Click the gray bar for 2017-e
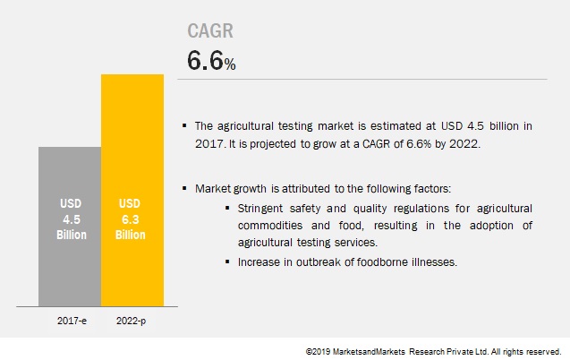pos(70,227)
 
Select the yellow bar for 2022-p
pos(132,190)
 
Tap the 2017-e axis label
pos(72,321)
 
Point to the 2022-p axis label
pos(131,321)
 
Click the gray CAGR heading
pos(210,31)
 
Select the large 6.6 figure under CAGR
pos(205,60)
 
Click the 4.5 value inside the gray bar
pos(72,219)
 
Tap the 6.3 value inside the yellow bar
pos(130,219)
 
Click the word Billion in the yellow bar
pos(130,235)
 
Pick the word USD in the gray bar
pos(71,203)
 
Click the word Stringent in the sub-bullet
pos(259,209)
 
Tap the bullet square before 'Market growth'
pos(184,188)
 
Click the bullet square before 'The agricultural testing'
pos(184,125)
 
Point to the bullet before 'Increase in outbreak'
pos(227,261)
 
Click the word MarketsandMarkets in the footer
pos(369,352)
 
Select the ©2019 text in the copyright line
pos(318,352)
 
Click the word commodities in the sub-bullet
pos(270,226)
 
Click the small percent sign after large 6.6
pos(230,64)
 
